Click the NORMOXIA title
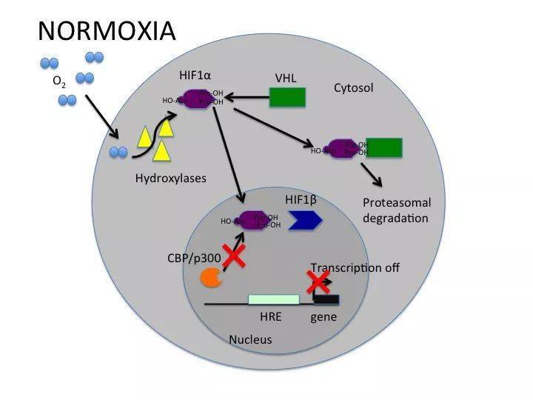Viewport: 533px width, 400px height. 107,30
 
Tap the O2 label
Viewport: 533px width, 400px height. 59,83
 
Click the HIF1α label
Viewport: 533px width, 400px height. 196,76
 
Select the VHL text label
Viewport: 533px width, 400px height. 286,76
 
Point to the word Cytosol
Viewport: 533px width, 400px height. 353,88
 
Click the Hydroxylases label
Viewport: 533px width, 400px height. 171,178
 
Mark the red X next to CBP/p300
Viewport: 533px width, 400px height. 235,256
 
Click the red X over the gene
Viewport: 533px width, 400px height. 318,281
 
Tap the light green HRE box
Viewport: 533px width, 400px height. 273,299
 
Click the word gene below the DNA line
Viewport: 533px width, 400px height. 324,317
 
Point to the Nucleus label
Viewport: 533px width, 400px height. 250,340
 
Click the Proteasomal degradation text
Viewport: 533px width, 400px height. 396,210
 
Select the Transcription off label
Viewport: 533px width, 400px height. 355,267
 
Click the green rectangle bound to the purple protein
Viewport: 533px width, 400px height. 383,147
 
